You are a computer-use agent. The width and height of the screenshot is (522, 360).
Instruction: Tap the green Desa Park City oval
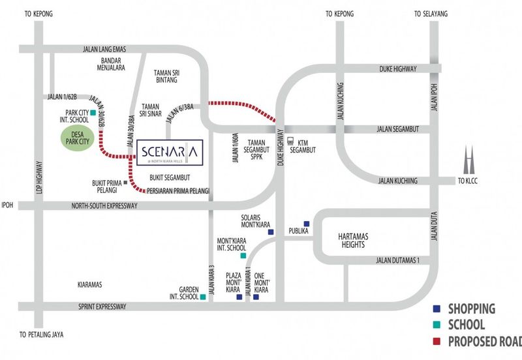pos(78,140)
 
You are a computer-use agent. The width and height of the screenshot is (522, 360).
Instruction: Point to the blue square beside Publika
pos(306,224)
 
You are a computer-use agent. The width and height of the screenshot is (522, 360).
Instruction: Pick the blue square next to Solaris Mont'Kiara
pos(271,232)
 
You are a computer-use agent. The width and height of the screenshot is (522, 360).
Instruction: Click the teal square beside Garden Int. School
pos(204,297)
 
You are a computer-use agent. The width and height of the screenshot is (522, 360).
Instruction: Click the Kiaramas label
pos(90,284)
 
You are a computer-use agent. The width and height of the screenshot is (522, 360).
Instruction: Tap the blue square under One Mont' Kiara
pos(256,297)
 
